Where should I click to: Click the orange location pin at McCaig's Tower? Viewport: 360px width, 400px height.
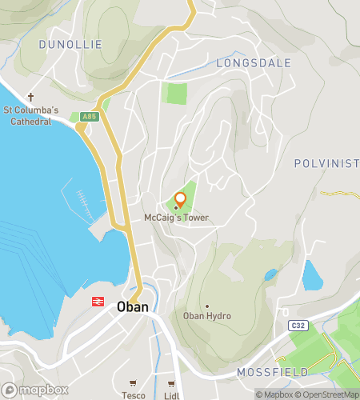click(x=180, y=198)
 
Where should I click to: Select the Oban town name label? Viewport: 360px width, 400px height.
click(x=132, y=306)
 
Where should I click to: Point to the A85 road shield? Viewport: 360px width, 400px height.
click(x=90, y=116)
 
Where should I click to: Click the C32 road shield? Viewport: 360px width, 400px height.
click(x=298, y=326)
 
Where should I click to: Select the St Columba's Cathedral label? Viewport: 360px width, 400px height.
click(x=30, y=116)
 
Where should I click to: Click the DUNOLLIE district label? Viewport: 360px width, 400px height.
click(x=70, y=45)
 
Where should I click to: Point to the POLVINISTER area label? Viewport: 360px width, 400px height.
click(x=326, y=163)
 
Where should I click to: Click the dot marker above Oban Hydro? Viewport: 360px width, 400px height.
click(x=206, y=306)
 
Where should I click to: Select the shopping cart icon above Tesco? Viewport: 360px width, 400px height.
click(x=133, y=384)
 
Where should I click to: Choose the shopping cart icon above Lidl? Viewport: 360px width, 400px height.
click(x=170, y=384)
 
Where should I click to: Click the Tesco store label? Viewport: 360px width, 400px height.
click(x=133, y=395)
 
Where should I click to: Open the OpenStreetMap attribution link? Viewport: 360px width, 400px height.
click(x=330, y=394)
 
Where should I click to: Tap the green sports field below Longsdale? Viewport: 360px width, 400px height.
click(x=175, y=93)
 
